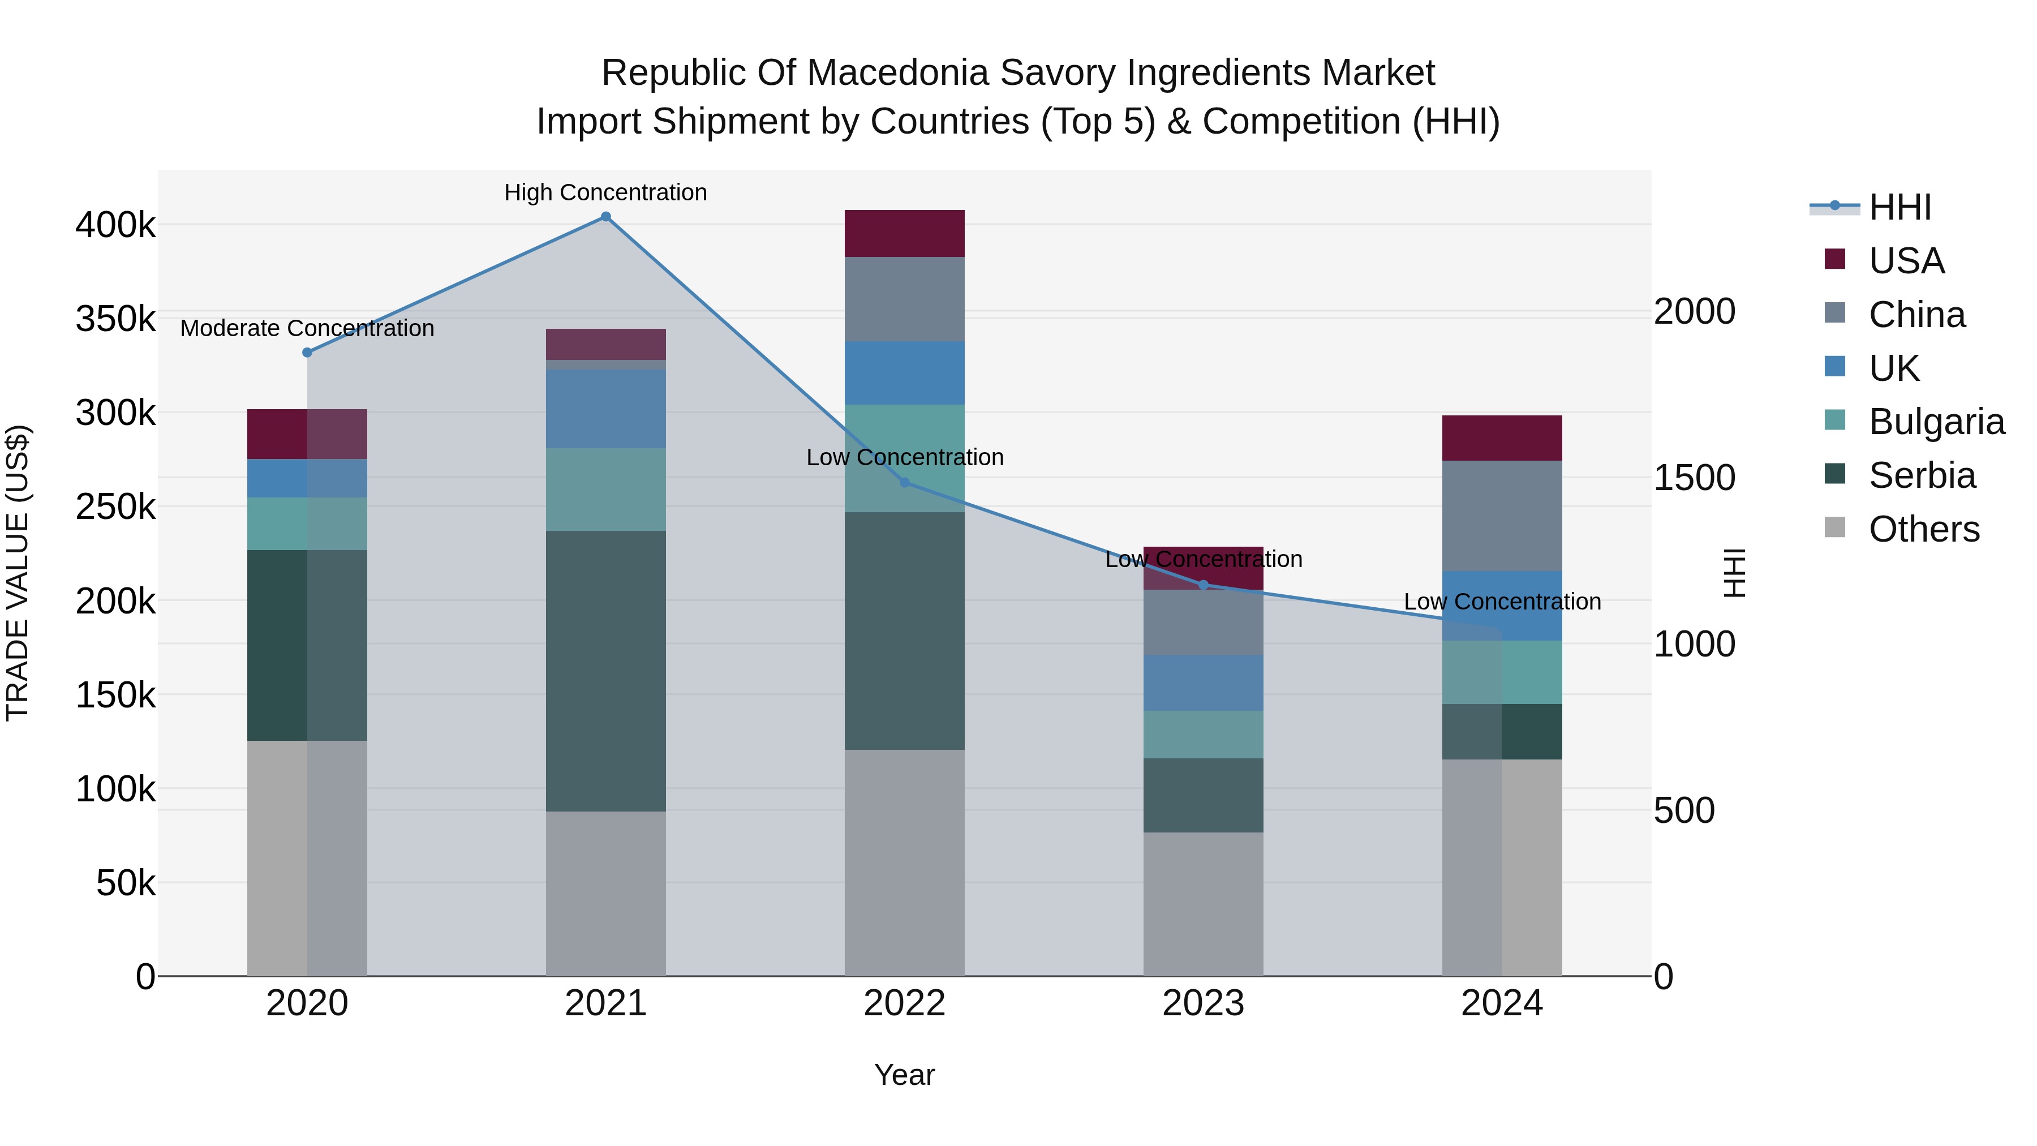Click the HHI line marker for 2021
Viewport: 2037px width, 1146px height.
[605, 217]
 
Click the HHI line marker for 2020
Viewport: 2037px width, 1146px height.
[308, 353]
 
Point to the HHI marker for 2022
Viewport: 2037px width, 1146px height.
[905, 482]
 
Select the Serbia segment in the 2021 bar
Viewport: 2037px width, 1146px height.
[605, 671]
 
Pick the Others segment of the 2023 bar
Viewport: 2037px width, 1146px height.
[1203, 903]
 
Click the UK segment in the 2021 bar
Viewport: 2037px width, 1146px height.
[605, 409]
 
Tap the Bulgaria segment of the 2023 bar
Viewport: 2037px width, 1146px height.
[1203, 734]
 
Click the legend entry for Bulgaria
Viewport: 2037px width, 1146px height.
[1936, 422]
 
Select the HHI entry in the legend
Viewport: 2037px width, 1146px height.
[1900, 207]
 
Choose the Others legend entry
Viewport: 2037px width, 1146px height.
[1923, 529]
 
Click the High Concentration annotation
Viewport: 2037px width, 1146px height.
[605, 192]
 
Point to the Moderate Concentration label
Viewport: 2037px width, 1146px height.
[308, 328]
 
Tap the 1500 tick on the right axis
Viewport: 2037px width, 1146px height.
[1694, 478]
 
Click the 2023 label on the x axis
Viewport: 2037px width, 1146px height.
[1203, 1003]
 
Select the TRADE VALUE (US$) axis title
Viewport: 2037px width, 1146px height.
[18, 573]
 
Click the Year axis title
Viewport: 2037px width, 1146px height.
[905, 1075]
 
